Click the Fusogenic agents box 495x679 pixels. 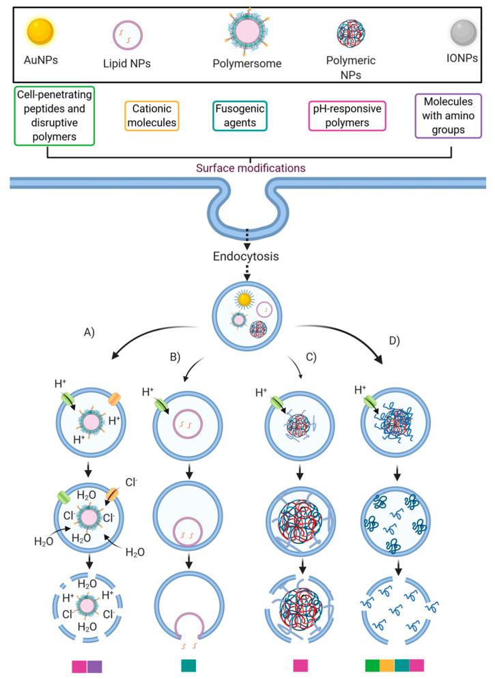[239, 116]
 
